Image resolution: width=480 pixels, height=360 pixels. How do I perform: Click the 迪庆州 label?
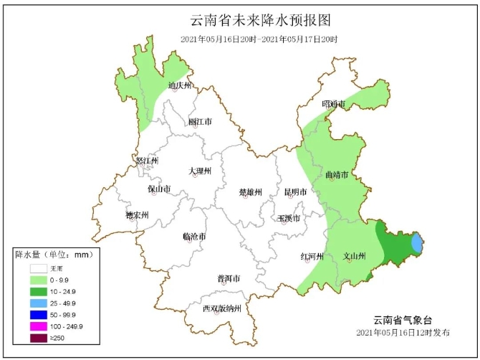click(x=180, y=86)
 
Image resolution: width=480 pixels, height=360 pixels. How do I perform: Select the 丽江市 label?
click(x=200, y=122)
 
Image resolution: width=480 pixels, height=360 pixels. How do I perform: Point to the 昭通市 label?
click(x=334, y=105)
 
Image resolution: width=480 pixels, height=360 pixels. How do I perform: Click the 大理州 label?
click(x=200, y=171)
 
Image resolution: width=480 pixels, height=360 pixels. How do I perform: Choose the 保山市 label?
click(x=159, y=189)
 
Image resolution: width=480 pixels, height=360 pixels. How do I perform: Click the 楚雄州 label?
click(x=251, y=192)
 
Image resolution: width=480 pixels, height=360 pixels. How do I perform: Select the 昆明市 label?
click(x=295, y=192)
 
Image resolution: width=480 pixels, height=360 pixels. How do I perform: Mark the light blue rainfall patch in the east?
click(x=416, y=243)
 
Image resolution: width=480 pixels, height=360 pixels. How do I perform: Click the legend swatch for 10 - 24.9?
click(x=38, y=292)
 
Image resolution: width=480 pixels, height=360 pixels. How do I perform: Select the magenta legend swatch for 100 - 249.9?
click(x=38, y=326)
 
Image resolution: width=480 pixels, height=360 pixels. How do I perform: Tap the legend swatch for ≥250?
click(x=38, y=338)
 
